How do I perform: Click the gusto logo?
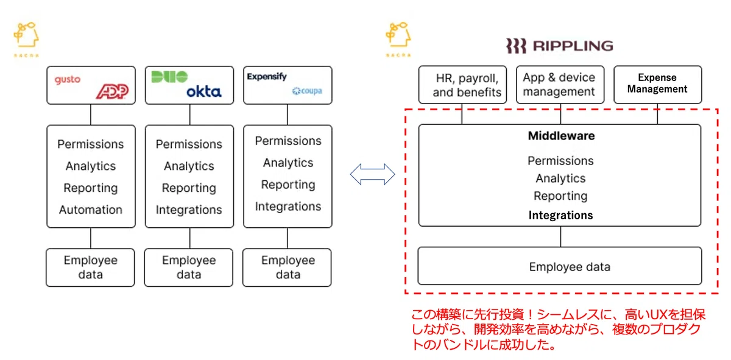(67, 79)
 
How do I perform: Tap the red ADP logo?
(113, 91)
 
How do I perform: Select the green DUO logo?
(169, 77)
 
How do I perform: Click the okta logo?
(204, 92)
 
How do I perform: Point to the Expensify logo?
(267, 77)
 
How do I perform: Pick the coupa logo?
(307, 91)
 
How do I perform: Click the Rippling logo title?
(560, 46)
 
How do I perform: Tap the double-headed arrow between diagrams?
(372, 174)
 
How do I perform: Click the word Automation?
(91, 210)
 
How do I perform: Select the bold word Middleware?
(561, 136)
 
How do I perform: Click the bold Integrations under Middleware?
(560, 215)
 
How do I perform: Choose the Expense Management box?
(657, 85)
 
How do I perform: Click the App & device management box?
(560, 85)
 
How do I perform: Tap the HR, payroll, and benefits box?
(462, 85)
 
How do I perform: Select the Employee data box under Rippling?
(560, 266)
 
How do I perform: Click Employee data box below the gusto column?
(90, 267)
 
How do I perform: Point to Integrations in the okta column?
(189, 210)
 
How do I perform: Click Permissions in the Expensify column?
(288, 141)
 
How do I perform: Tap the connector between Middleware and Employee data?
(560, 236)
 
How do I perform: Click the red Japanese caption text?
(558, 330)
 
